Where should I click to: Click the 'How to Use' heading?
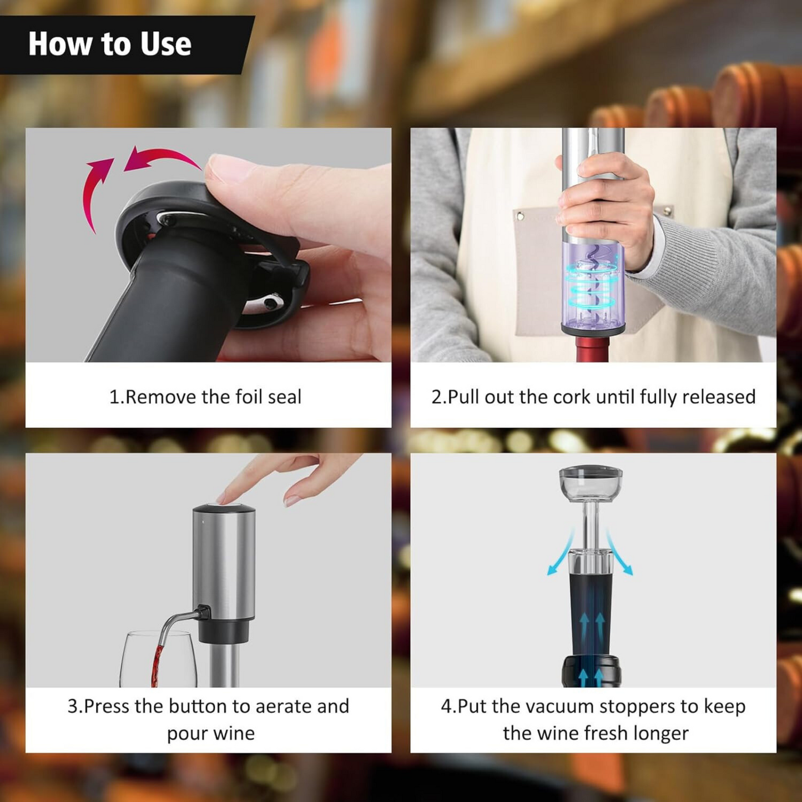point(110,44)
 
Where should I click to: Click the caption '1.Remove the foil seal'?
point(205,397)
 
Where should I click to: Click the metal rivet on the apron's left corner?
point(520,216)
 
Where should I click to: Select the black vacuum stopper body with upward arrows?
point(591,616)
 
